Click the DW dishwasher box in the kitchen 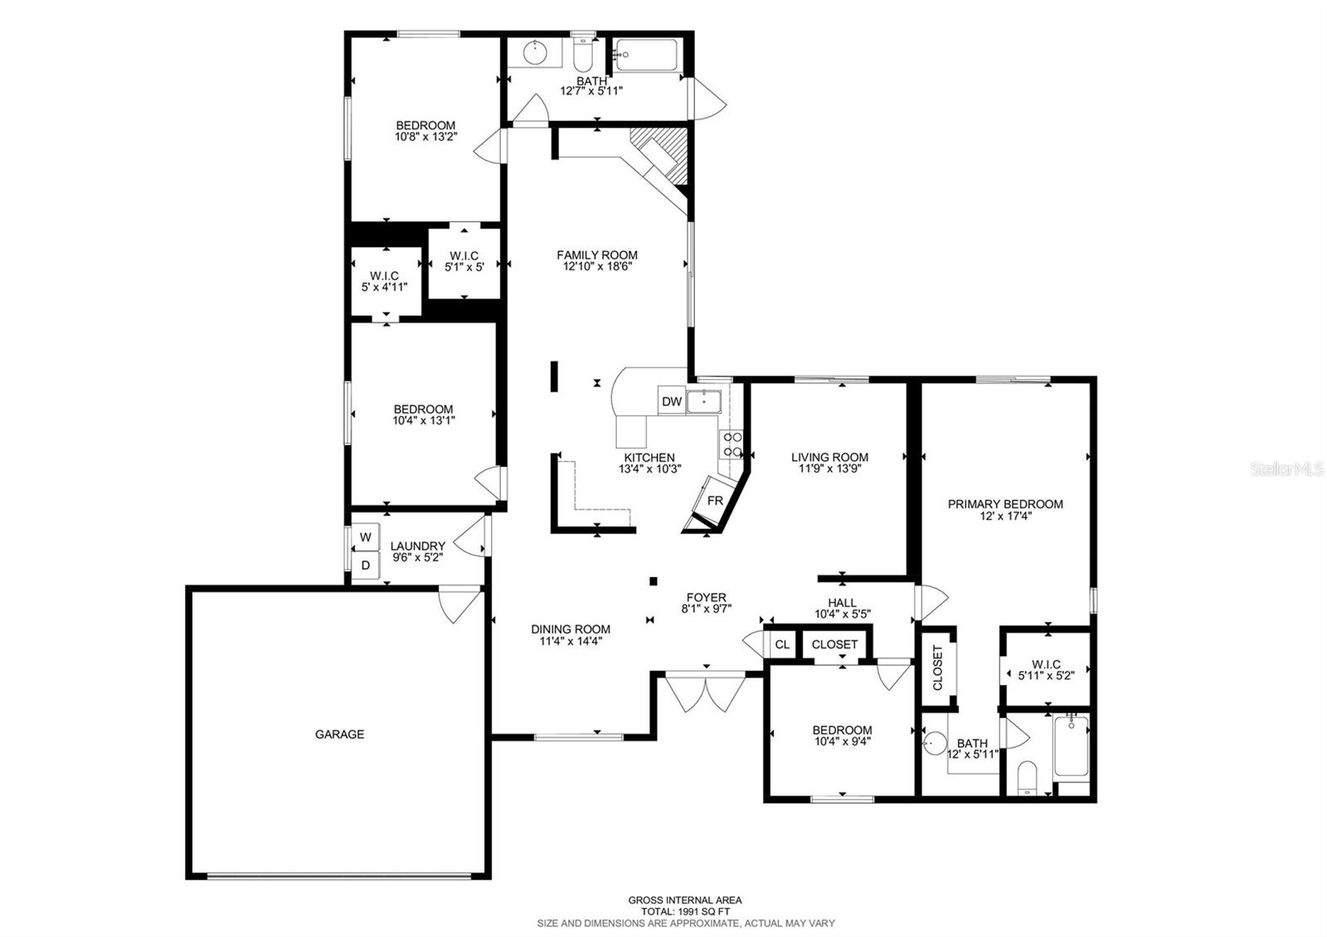pos(671,402)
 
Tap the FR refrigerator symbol pos(715,502)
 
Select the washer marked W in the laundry pos(365,537)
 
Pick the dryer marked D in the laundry pos(365,566)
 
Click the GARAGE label pos(339,735)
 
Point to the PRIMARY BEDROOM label pos(1005,504)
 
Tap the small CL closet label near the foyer pos(781,644)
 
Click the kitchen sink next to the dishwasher pos(703,401)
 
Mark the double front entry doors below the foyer pos(706,695)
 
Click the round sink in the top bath pos(537,54)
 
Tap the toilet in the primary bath pos(1028,778)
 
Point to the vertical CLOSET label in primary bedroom pos(938,668)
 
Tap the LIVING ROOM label pos(829,457)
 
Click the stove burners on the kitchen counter pos(732,444)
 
